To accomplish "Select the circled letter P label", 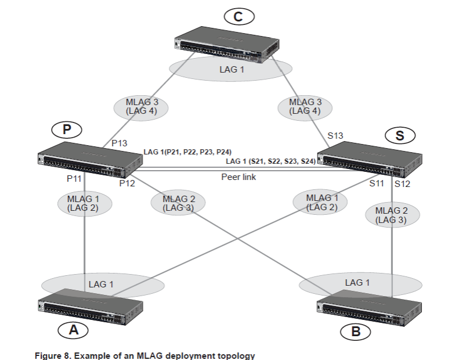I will (x=67, y=129).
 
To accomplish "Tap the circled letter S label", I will (x=399, y=135).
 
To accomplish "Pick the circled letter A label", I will (x=74, y=330).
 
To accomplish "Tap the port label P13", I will (x=119, y=143).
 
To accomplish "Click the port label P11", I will (x=74, y=179).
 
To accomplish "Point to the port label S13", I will (x=335, y=135).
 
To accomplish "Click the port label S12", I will (x=403, y=183).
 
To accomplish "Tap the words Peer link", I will (x=238, y=177).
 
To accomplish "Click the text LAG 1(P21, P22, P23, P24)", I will (x=187, y=152).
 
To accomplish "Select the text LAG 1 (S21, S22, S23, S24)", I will (x=270, y=161).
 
